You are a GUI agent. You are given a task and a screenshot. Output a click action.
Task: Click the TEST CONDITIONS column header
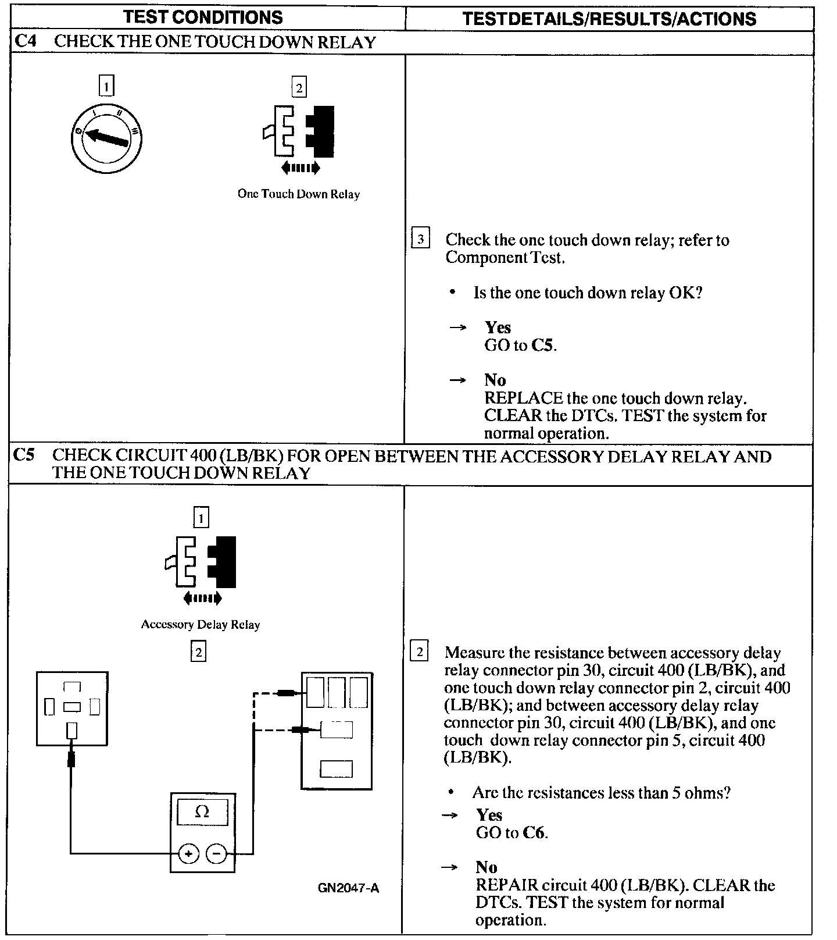pyautogui.click(x=203, y=17)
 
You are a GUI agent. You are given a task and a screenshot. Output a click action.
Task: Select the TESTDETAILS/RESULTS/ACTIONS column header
pyautogui.click(x=609, y=19)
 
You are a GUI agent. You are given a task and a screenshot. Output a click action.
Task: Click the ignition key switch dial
pyautogui.click(x=106, y=137)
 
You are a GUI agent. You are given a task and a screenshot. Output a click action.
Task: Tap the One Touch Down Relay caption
pyautogui.click(x=298, y=194)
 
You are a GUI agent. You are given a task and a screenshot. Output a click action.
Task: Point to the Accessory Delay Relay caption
pyautogui.click(x=200, y=625)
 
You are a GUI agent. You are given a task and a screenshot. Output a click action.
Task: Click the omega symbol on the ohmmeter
pyautogui.click(x=202, y=811)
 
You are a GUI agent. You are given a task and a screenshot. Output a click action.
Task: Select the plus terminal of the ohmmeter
pyautogui.click(x=188, y=853)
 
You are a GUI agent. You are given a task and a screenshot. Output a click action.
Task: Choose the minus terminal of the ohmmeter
pyautogui.click(x=216, y=853)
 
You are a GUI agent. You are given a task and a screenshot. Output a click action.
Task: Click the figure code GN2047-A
pyautogui.click(x=348, y=888)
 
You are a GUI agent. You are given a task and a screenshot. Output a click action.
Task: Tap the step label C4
pyautogui.click(x=24, y=42)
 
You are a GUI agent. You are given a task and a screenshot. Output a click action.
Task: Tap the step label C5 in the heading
pyautogui.click(x=24, y=455)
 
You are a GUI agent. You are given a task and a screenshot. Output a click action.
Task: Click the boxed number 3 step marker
pyautogui.click(x=420, y=239)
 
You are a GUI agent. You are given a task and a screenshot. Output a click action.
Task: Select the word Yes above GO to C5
pyautogui.click(x=498, y=327)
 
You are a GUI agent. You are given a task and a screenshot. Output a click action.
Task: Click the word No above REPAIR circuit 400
pyautogui.click(x=486, y=867)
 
